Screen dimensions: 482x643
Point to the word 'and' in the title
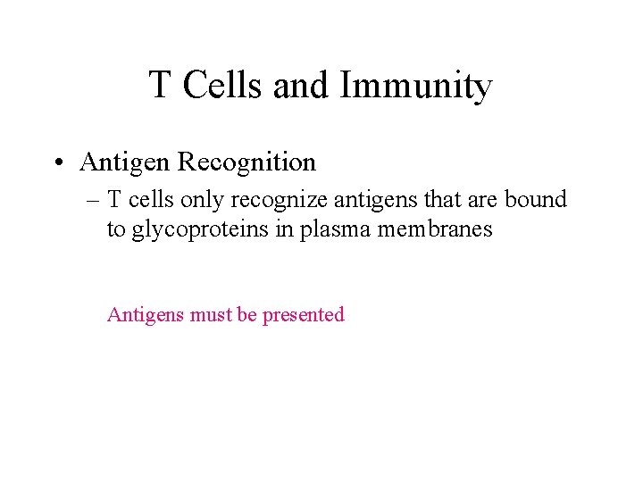[304, 86]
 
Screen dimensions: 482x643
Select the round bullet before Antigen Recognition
[57, 162]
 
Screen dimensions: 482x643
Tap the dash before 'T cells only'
[92, 199]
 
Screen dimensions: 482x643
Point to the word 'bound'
[536, 199]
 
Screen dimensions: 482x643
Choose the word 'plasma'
[330, 230]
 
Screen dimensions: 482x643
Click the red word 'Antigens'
[146, 315]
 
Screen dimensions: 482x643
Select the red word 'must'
[212, 315]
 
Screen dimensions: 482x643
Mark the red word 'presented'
[303, 315]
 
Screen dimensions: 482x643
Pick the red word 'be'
[247, 315]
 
